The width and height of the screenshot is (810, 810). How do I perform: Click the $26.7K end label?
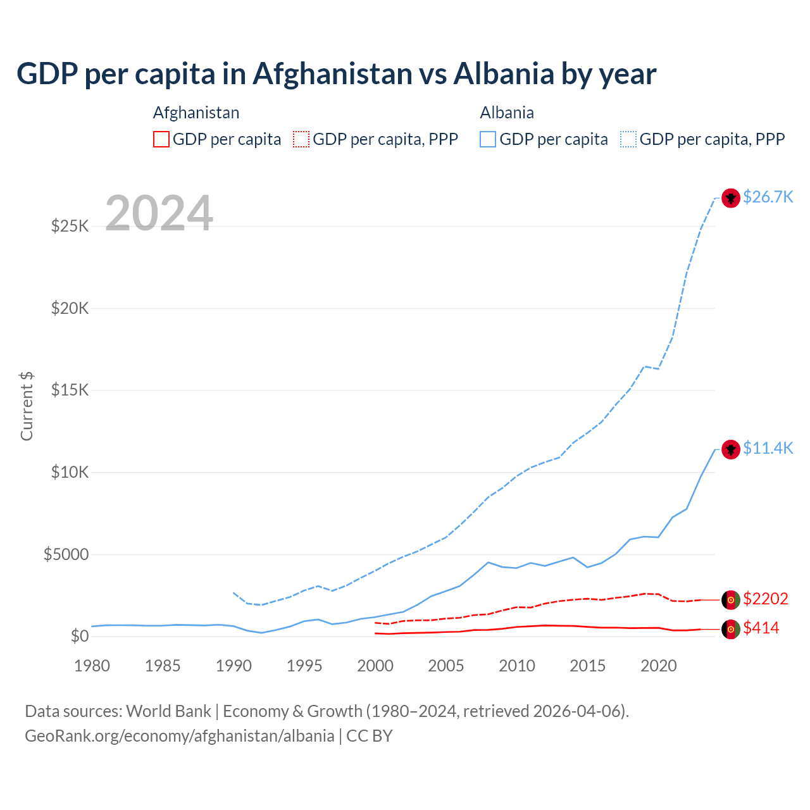click(768, 197)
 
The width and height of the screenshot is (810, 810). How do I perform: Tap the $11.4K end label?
click(768, 448)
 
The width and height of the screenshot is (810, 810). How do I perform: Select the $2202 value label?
click(765, 599)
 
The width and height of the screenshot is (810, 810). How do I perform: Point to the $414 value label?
click(761, 628)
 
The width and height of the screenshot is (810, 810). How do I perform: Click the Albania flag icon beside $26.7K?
click(731, 198)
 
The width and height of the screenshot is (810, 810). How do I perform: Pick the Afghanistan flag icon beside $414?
click(731, 629)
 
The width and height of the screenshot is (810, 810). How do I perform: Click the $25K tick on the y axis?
click(70, 226)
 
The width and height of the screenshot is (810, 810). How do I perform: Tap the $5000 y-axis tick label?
click(66, 555)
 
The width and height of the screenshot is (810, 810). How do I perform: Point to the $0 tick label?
click(79, 636)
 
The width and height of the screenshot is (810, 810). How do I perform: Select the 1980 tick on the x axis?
click(92, 666)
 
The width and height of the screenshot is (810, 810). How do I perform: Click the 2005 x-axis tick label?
click(446, 666)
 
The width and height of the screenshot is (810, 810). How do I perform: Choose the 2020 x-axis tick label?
click(659, 666)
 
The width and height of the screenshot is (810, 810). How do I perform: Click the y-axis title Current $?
click(27, 406)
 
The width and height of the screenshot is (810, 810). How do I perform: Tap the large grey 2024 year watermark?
click(159, 213)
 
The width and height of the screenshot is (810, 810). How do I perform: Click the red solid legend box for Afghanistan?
click(161, 139)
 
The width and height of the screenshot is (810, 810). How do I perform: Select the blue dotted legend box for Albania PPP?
click(628, 139)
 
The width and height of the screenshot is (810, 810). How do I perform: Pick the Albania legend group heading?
click(507, 113)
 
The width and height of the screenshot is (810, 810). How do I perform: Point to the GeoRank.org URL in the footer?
click(179, 736)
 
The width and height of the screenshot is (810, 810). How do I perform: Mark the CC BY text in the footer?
click(370, 736)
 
